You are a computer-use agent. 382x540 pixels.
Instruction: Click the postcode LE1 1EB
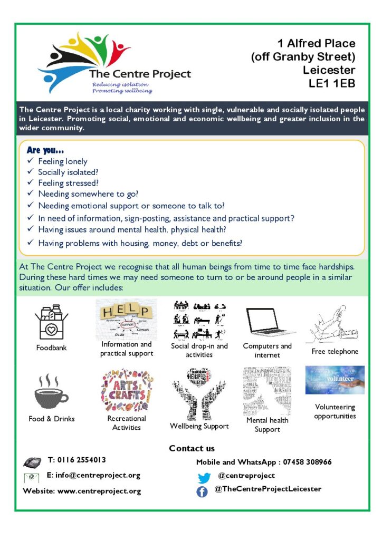point(332,83)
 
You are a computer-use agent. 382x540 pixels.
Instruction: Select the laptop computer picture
point(268,321)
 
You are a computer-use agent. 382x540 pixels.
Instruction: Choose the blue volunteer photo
point(335,380)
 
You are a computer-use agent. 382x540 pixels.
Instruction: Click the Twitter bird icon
point(204,478)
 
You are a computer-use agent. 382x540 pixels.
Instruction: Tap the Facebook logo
point(202,491)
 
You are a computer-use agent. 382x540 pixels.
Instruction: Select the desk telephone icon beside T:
point(32,462)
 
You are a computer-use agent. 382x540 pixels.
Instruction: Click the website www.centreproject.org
point(99,491)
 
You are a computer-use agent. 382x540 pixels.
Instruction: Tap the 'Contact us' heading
point(192,448)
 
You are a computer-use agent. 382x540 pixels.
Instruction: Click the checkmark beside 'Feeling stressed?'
point(31,184)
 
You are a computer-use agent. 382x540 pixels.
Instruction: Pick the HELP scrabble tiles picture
point(126,320)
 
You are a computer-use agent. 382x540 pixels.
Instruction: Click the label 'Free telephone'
point(335,351)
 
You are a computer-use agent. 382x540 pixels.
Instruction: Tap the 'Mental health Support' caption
point(268,425)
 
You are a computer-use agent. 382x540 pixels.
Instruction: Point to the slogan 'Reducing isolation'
point(120,84)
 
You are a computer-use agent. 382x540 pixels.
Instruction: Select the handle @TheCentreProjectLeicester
point(268,489)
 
